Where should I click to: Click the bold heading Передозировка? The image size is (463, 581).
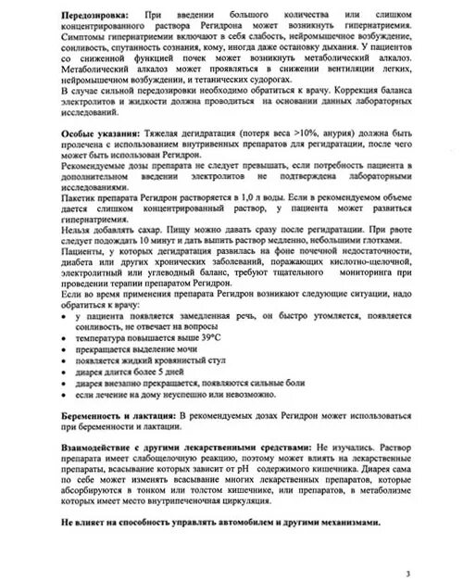pyautogui.click(x=89, y=16)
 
